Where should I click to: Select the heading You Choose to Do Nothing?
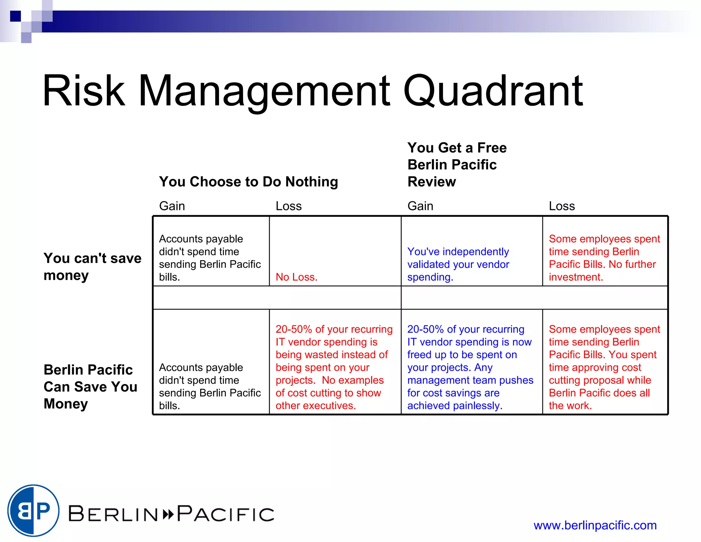coord(248,182)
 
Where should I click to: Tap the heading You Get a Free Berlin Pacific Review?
coord(457,165)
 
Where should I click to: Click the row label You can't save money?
coord(92,267)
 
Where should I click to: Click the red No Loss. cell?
coord(296,277)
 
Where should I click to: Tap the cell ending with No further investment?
coord(604,258)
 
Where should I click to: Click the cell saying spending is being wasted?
coord(334,367)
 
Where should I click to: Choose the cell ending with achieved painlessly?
coord(470,367)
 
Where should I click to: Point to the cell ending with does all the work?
coord(604,367)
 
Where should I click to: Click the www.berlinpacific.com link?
coord(595,525)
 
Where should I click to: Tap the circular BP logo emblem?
coord(34,510)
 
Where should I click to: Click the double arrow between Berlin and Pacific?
coord(168,514)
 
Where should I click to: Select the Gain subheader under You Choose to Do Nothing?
coord(172,206)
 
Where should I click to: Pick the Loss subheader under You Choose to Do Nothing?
coord(289,206)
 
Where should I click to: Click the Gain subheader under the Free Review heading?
coord(420,206)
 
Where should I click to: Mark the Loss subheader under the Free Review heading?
coord(562,206)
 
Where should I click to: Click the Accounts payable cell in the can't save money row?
coord(209,258)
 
